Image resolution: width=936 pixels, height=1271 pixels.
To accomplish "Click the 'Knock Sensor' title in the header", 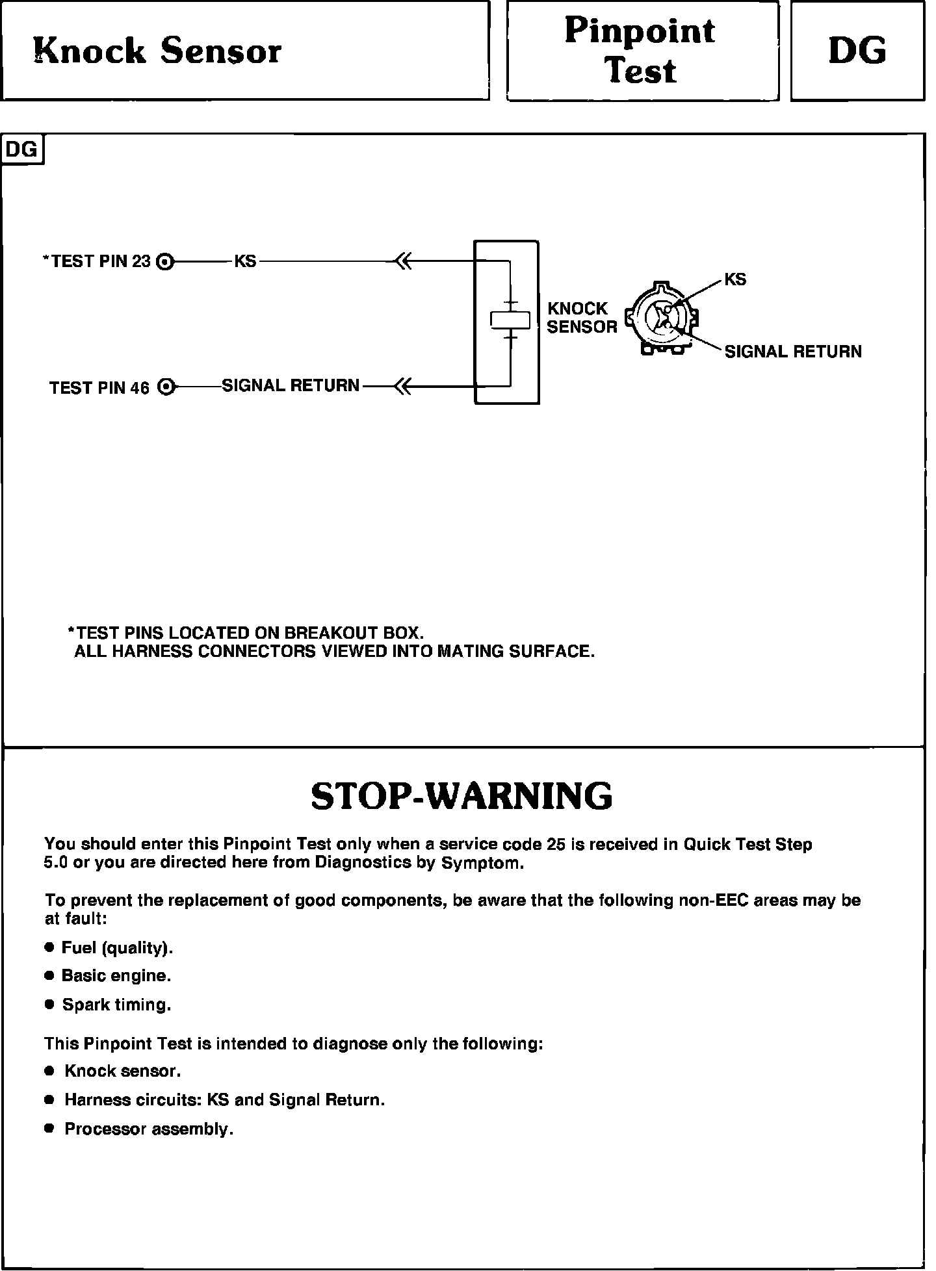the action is point(157,51).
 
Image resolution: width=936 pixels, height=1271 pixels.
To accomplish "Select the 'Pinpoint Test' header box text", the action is point(640,51).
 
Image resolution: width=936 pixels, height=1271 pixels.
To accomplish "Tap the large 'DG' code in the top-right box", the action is point(857,51).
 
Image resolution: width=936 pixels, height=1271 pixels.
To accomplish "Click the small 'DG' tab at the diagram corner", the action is point(22,149).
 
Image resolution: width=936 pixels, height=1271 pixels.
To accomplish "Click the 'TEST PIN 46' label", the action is point(99,388).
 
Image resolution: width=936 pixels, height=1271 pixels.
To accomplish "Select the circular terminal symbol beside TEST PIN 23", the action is point(166,262).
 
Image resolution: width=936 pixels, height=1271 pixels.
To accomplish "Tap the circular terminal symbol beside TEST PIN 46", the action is point(167,387).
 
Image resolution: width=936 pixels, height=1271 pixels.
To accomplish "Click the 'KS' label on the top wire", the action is point(245,261).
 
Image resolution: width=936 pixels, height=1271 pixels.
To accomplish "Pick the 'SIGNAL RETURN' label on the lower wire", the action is point(291,386).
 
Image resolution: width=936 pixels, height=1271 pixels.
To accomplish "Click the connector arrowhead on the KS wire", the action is point(403,262).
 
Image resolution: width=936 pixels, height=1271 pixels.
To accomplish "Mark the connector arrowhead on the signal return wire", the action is point(403,387).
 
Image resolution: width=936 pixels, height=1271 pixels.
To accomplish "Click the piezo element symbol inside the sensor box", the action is point(511,320).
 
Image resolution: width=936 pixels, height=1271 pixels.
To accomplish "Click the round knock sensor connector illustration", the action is point(662,319).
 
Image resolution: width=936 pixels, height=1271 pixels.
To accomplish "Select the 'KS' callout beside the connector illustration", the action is point(735,280).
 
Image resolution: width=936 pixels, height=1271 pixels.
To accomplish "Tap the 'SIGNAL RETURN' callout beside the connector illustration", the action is point(793,352).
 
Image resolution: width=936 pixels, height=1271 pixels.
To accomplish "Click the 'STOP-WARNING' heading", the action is point(461,796).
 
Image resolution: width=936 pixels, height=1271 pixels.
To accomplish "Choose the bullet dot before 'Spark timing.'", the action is point(49,1005).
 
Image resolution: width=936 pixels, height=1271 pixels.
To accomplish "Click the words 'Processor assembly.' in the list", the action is point(149,1129).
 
